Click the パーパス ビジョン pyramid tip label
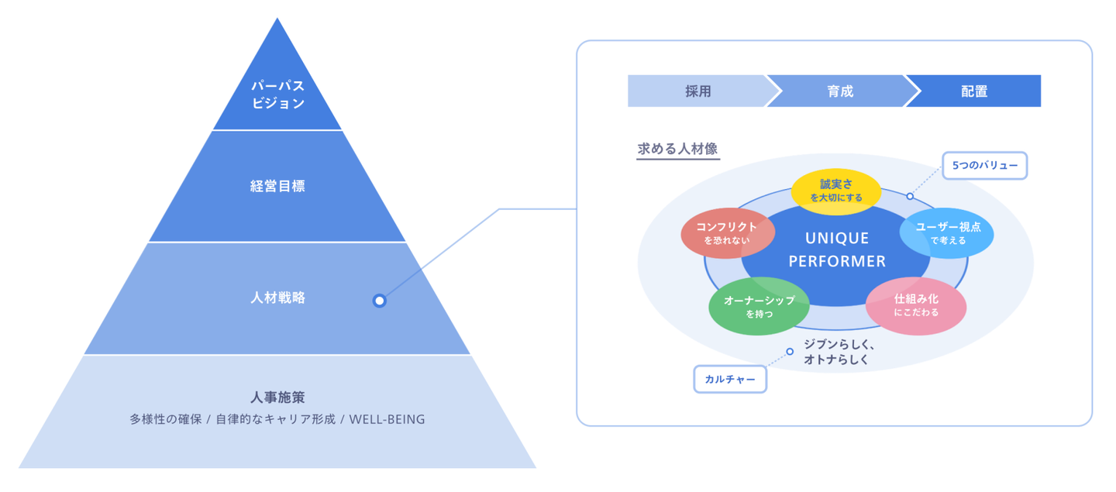pos(277,95)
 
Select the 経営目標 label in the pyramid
pos(277,187)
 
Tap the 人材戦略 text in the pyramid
pos(277,298)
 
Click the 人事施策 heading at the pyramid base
pos(277,397)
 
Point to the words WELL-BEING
pos(387,420)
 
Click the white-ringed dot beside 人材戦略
pos(379,301)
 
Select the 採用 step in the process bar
pos(697,91)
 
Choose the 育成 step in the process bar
pos(839,91)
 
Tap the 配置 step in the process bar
pos(974,91)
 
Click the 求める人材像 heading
pos(677,149)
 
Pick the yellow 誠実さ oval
pos(835,190)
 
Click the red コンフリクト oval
pos(727,232)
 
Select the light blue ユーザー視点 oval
pos(947,232)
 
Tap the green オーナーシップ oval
pos(759,306)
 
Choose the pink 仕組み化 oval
pos(916,305)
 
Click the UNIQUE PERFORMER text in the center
pos(837,249)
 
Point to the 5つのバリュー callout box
pos(984,166)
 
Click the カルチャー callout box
pos(729,380)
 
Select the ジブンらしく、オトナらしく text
pos(839,352)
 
